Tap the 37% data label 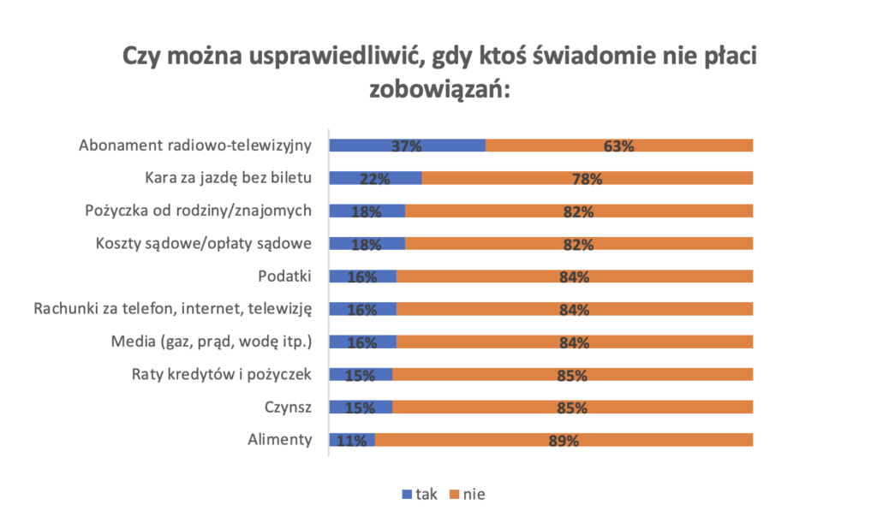pyautogui.click(x=407, y=146)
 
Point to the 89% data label pyautogui.click(x=564, y=442)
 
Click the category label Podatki pyautogui.click(x=284, y=276)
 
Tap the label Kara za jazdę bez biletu pyautogui.click(x=227, y=178)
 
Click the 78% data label pyautogui.click(x=588, y=179)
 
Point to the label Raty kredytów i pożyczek pyautogui.click(x=221, y=375)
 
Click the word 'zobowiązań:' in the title pyautogui.click(x=438, y=88)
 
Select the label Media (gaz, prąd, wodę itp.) pyautogui.click(x=212, y=342)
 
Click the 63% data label pyautogui.click(x=618, y=146)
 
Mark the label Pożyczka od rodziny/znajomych pyautogui.click(x=198, y=211)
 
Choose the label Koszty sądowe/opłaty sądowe pyautogui.click(x=202, y=244)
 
